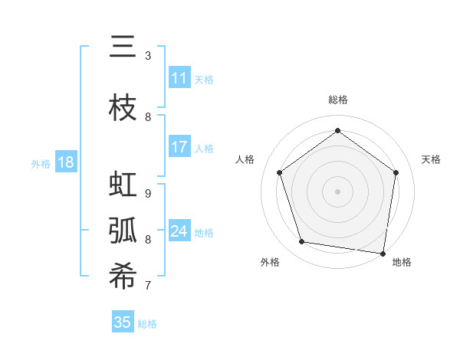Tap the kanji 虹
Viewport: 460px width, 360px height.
(123, 185)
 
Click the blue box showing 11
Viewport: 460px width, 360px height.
(179, 78)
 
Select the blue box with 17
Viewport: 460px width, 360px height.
(179, 147)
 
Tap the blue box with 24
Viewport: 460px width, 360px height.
(179, 231)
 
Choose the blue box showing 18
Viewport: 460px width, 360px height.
(65, 162)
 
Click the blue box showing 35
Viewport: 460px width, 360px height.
(123, 322)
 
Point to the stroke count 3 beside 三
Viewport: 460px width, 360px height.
(148, 56)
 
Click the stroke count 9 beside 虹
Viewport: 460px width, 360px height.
(148, 194)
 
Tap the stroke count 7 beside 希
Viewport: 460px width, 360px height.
(148, 286)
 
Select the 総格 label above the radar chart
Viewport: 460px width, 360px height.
(338, 100)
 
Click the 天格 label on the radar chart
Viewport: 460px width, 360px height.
(431, 159)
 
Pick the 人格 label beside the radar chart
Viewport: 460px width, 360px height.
(245, 159)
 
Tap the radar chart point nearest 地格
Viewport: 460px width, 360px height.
(383, 253)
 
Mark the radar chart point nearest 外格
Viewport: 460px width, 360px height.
(302, 242)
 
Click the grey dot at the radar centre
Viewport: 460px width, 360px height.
(338, 191)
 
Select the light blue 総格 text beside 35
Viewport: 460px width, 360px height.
(147, 324)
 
